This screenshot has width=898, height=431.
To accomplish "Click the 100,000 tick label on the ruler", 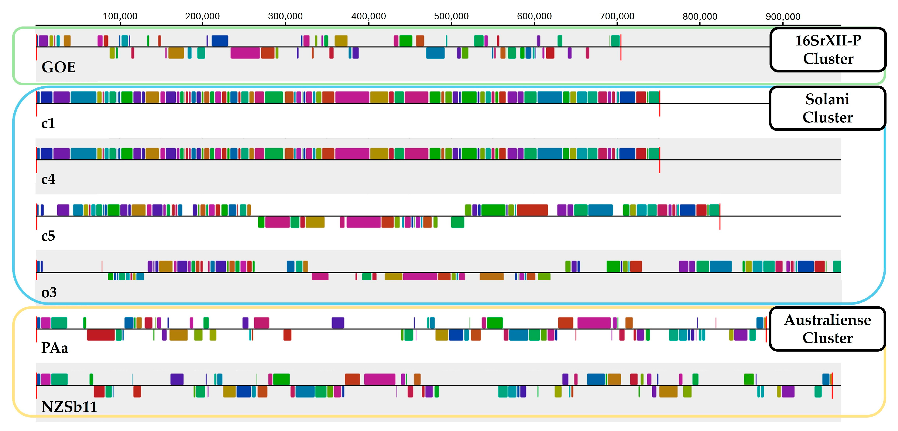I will click(x=120, y=16).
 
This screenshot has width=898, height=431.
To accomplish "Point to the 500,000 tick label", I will click(x=451, y=16).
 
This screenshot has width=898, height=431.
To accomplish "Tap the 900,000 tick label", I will click(x=783, y=16).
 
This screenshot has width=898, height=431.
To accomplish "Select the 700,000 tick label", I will click(x=617, y=16).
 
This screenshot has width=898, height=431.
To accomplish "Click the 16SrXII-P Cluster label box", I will click(x=827, y=49).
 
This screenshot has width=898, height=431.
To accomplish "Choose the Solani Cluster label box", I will click(x=827, y=108).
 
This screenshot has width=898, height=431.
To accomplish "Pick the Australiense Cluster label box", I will click(x=827, y=329).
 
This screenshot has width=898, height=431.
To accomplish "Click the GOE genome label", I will click(x=58, y=67).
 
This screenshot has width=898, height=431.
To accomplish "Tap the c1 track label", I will click(x=48, y=123).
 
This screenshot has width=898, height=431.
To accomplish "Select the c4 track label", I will click(x=48, y=179).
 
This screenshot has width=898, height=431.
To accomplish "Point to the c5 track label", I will click(x=48, y=236).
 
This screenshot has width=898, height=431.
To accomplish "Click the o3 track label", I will click(x=49, y=293).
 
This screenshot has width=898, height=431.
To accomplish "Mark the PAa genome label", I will click(x=54, y=348).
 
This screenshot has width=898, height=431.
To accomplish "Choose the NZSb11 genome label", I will click(x=69, y=407).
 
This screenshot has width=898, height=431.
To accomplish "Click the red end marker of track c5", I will click(x=720, y=216).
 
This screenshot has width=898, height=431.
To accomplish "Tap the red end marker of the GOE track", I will click(x=620, y=47).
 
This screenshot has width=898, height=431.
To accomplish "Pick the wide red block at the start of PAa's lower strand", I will click(x=100, y=335).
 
